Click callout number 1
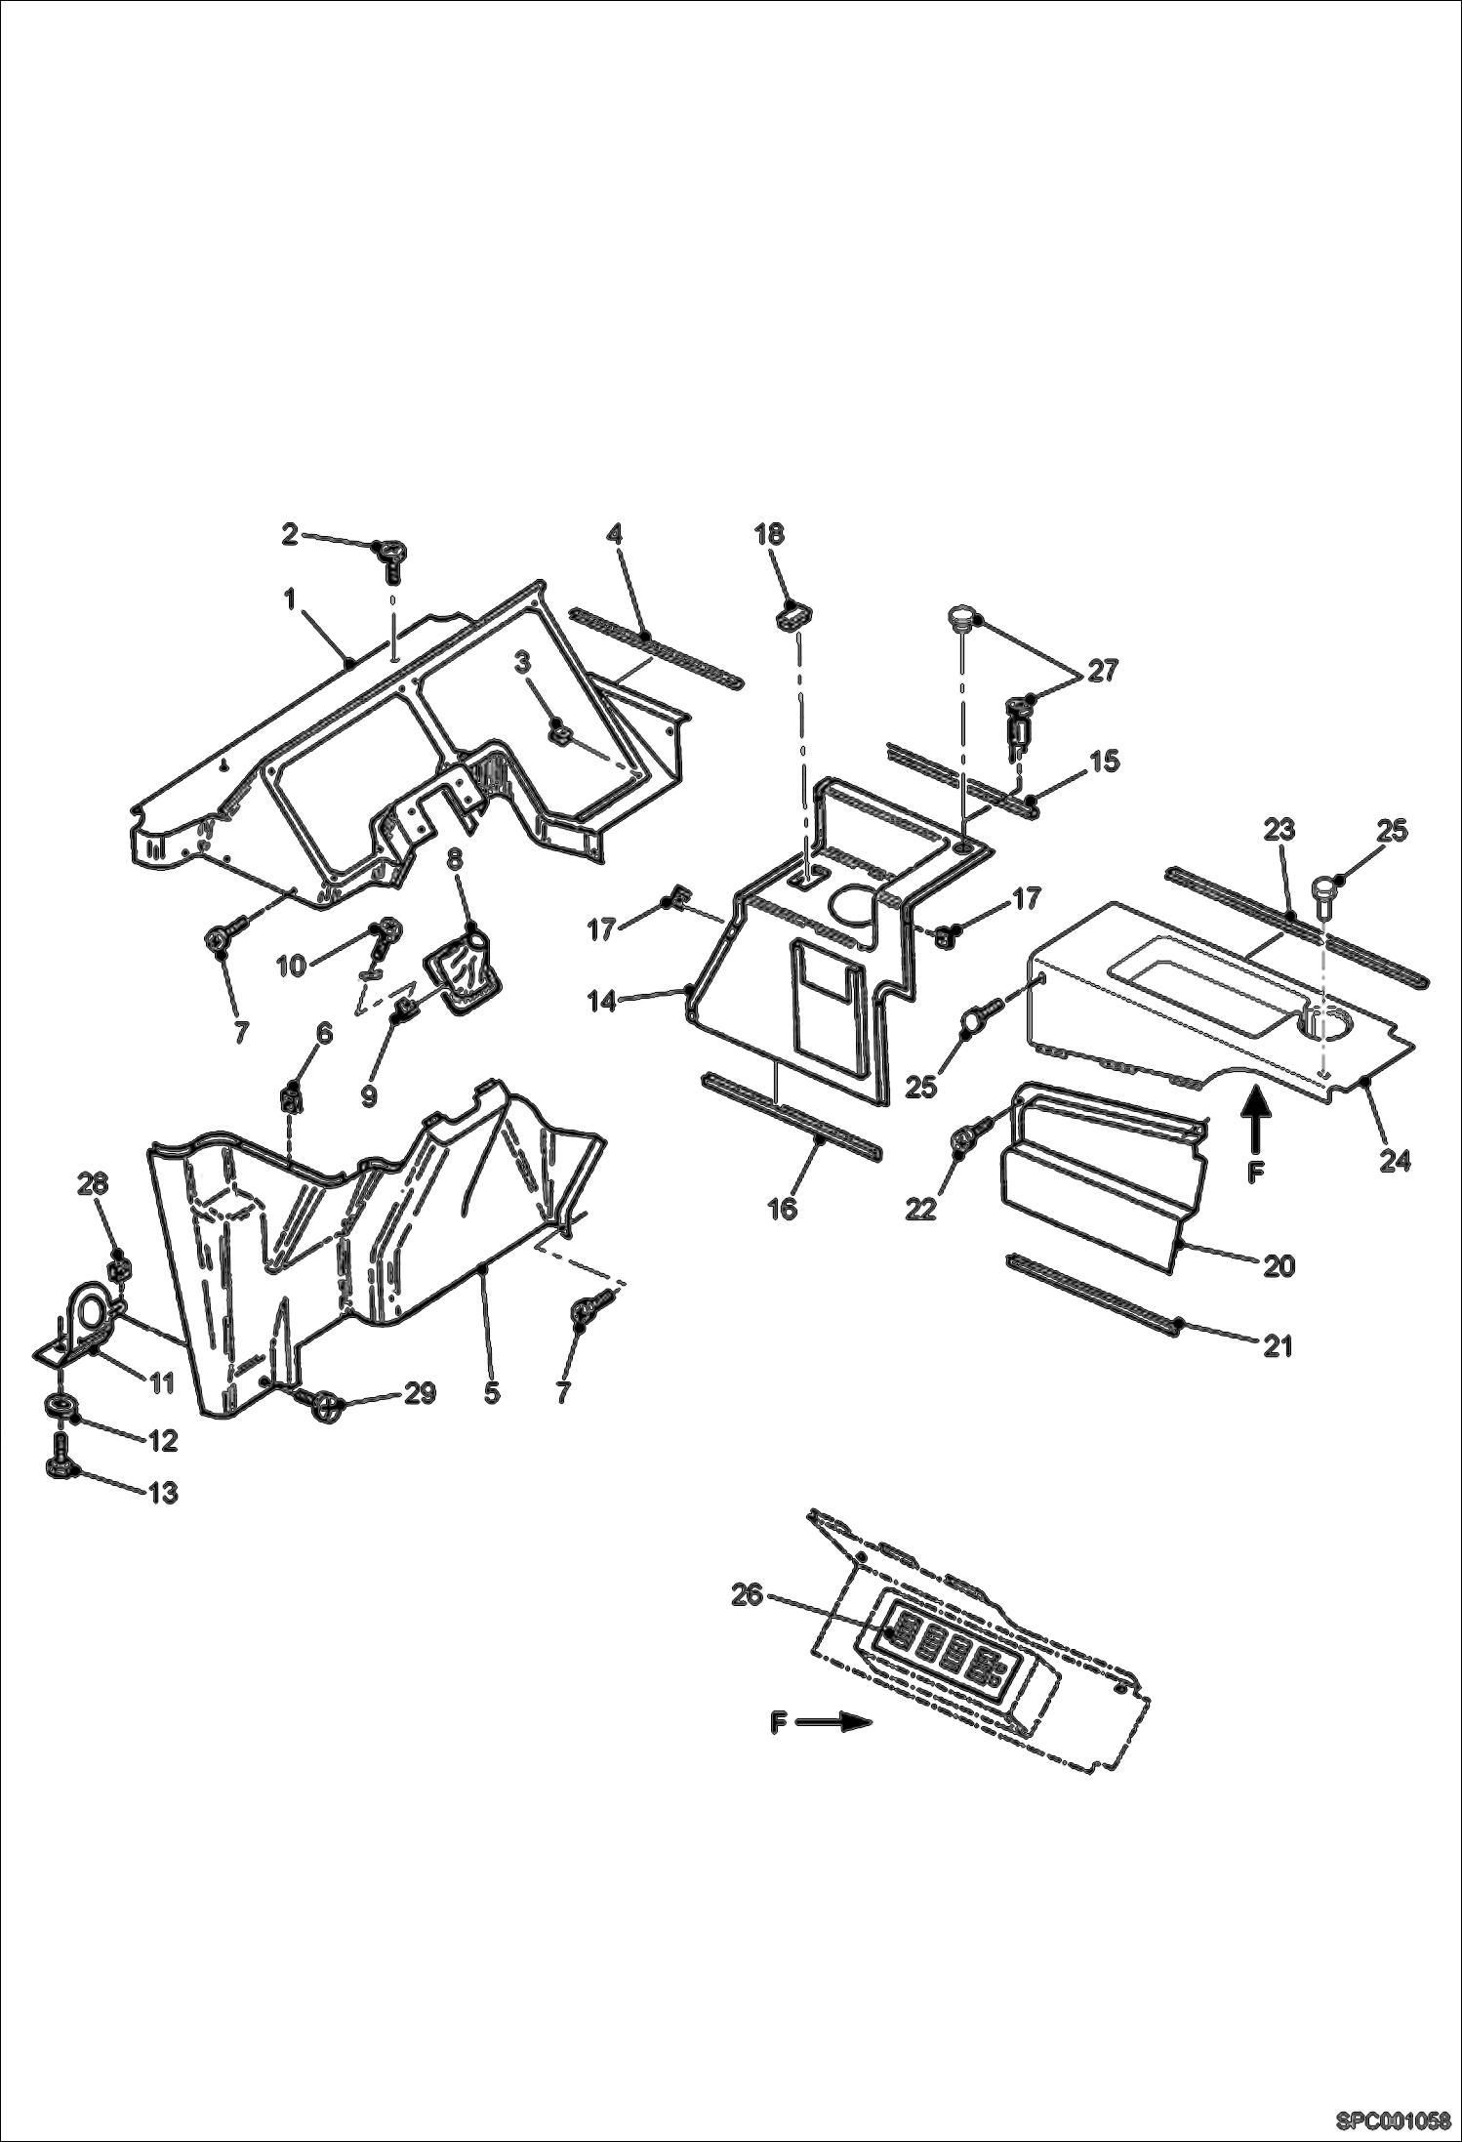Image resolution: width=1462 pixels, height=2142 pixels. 289,599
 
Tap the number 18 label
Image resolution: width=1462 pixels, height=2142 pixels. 769,533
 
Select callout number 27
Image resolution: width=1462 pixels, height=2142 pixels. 1102,671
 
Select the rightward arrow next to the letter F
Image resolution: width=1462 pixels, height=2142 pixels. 833,1723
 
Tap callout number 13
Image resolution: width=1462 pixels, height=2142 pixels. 163,1493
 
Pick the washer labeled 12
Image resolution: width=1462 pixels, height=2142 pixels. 61,1407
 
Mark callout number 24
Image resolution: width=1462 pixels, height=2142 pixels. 1395,1161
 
